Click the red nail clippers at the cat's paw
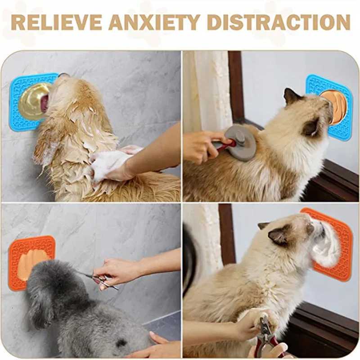(x=265, y=337)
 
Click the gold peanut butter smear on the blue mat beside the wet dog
(x=34, y=101)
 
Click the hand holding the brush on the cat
(x=200, y=146)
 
